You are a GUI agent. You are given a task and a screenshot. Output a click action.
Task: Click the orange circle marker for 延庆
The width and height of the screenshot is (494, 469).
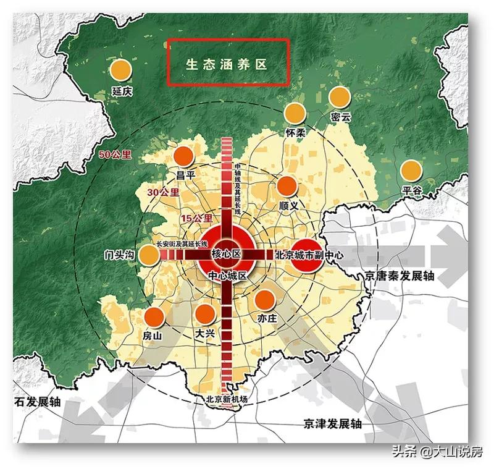122,70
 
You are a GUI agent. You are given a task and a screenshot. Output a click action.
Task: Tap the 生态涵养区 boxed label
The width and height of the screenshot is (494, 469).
228,64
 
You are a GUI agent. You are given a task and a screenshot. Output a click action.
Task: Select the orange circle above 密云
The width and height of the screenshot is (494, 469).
339,97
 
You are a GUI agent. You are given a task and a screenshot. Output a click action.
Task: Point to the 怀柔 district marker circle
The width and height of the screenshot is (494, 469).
295,112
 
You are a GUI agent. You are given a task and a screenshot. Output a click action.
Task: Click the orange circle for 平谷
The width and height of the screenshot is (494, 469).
411,171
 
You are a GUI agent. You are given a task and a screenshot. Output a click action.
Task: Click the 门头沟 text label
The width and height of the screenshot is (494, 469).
120,255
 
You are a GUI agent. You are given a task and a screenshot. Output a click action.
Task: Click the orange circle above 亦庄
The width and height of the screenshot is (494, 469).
265,299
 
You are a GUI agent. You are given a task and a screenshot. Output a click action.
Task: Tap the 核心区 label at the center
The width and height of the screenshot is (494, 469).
225,254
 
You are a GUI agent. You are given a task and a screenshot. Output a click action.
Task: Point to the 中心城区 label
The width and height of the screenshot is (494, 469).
227,276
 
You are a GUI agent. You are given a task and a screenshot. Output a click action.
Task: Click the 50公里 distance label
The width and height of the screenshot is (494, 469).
115,154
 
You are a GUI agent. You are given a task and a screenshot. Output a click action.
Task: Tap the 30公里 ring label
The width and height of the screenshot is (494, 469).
163,192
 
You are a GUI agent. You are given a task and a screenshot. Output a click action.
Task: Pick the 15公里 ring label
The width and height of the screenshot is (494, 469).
196,218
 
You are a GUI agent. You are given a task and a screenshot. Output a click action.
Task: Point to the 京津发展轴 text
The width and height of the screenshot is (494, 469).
332,424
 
